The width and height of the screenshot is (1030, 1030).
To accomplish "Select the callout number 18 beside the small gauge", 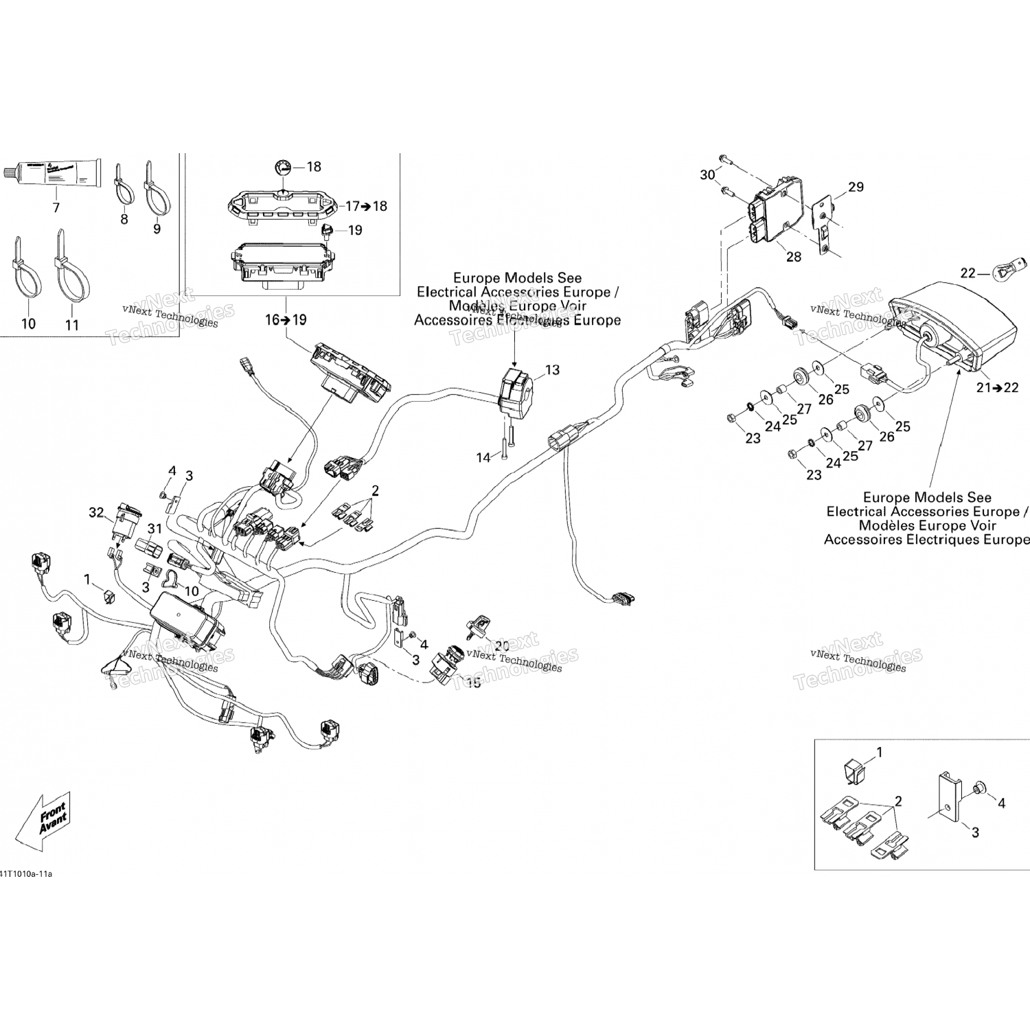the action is coord(314,166).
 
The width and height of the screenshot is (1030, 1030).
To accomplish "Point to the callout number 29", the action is coord(856,187).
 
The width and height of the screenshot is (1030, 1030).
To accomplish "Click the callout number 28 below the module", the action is coord(793,257).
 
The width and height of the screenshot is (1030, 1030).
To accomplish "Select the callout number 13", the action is coord(552,370).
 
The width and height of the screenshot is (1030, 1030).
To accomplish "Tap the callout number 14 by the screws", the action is coord(483,457).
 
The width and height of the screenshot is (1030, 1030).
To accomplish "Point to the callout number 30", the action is coord(707,175).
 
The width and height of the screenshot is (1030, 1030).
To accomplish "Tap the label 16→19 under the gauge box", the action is coord(286,319).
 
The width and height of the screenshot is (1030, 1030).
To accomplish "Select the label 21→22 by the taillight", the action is coord(997,387).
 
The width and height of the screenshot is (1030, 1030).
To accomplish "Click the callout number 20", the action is coord(502,645).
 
